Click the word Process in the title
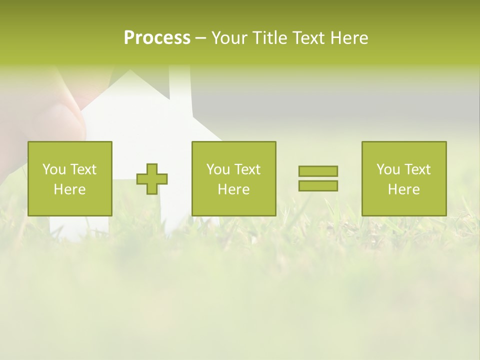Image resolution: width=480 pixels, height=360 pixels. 157,38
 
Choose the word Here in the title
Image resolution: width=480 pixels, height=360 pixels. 350,38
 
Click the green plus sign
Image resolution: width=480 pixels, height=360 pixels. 152,179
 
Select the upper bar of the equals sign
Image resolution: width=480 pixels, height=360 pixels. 318,171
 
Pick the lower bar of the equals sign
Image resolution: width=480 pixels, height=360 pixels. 318,186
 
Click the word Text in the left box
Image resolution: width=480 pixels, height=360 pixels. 83,169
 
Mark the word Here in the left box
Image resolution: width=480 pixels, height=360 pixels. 69,189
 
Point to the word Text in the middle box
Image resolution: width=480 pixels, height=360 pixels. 247,169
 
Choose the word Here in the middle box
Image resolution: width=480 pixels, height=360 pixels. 233,189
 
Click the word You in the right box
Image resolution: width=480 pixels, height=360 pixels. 388,169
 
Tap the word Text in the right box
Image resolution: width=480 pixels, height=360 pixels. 417,169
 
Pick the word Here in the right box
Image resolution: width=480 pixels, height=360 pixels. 403,189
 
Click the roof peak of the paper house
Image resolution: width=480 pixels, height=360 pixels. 130,71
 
